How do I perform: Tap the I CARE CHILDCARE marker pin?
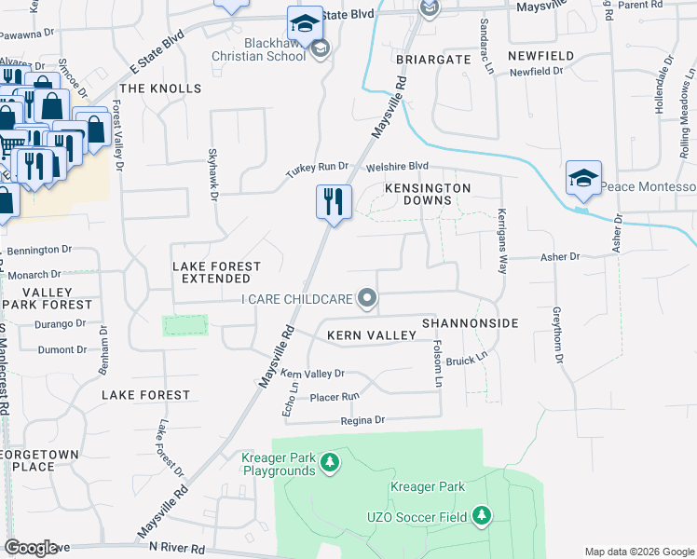pos(368,299)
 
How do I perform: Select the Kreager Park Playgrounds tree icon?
pos(328,462)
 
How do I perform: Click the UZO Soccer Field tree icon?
pos(481,514)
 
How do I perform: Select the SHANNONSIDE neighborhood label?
pos(469,322)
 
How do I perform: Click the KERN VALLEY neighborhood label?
pos(369,334)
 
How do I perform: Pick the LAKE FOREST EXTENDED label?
pos(217,272)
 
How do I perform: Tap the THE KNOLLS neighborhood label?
pos(160,89)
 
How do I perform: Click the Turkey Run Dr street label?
pos(317,170)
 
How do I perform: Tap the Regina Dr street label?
pos(362,420)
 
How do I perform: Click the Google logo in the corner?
pos(32,548)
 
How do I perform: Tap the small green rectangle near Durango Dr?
pos(184,325)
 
